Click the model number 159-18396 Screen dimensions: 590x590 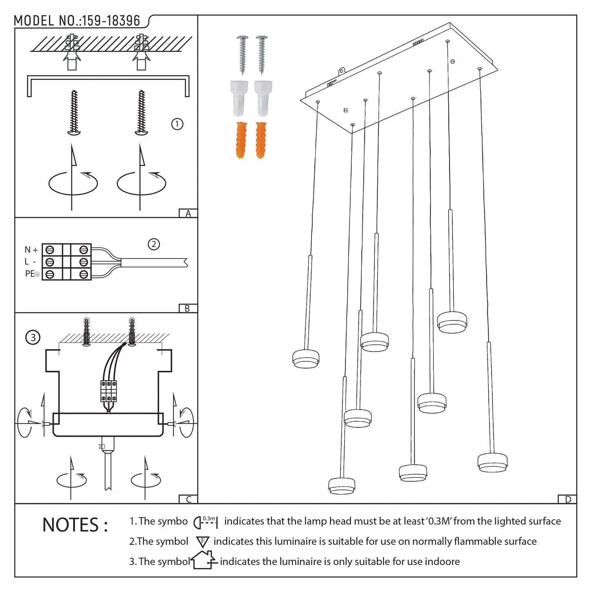[110, 21]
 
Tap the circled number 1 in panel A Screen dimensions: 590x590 [177, 124]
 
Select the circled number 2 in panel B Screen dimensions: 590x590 [154, 244]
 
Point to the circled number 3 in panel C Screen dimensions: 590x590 [33, 337]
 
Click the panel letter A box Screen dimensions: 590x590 [188, 213]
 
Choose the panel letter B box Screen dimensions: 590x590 [188, 308]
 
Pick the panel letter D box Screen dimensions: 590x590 [568, 499]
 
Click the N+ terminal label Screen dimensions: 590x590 [31, 249]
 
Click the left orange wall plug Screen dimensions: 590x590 [241, 140]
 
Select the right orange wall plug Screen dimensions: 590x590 [261, 140]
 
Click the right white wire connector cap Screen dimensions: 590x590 [263, 98]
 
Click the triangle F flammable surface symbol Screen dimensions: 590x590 [203, 542]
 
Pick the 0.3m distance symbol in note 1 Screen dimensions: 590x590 [206, 522]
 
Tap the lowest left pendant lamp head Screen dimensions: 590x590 [342, 485]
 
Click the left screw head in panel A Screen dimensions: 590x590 [74, 131]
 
